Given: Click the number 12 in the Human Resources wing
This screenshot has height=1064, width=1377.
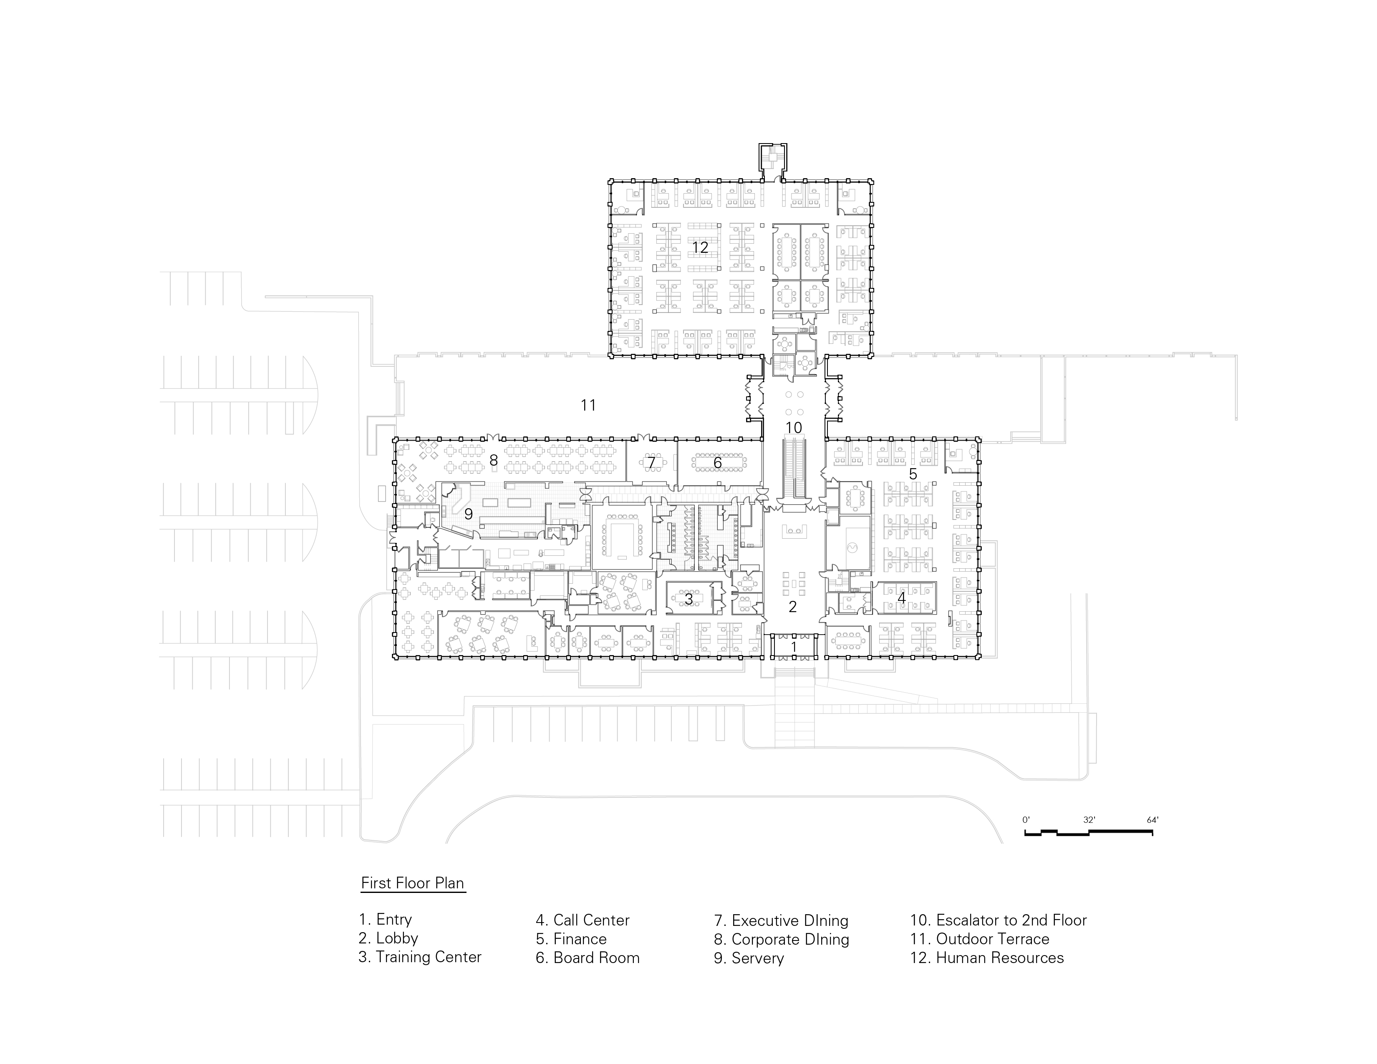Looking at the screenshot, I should pyautogui.click(x=700, y=248).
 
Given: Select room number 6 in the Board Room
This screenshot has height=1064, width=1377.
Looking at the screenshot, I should pyautogui.click(x=718, y=463).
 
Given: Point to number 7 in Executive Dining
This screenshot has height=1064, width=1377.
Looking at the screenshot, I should pyautogui.click(x=651, y=463).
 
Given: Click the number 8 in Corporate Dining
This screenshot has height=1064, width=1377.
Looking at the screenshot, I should pyautogui.click(x=493, y=461).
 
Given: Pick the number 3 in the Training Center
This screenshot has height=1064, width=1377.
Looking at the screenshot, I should pyautogui.click(x=688, y=599).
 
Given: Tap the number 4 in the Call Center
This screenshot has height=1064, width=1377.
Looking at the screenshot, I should pyautogui.click(x=902, y=598).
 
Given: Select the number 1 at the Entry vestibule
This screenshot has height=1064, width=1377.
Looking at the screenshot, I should pyautogui.click(x=794, y=647).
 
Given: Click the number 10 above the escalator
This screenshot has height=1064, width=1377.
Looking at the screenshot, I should pyautogui.click(x=793, y=428).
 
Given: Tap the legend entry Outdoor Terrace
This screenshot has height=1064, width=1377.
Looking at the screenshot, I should pyautogui.click(x=979, y=939).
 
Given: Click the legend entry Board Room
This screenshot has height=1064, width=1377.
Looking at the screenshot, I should pyautogui.click(x=587, y=958).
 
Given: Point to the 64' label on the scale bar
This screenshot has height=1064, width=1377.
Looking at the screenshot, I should pyautogui.click(x=1153, y=820).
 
